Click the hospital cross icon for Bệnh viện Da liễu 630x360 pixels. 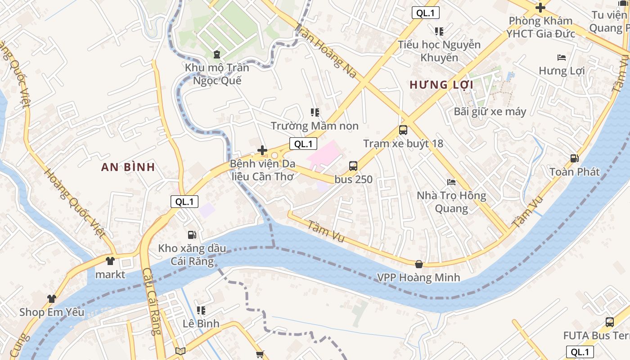click(x=262, y=150)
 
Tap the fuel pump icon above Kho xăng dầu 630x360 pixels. click(x=192, y=234)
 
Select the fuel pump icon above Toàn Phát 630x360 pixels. click(x=574, y=158)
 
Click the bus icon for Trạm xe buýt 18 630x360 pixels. click(x=403, y=130)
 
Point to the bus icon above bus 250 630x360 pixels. click(x=353, y=166)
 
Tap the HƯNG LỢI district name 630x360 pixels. click(x=441, y=85)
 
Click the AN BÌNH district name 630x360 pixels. click(x=128, y=167)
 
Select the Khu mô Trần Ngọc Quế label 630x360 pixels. click(x=217, y=74)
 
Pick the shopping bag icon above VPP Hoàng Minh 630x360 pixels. click(x=419, y=264)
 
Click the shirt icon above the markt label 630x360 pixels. click(x=110, y=261)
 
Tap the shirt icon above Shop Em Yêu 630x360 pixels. click(x=51, y=298)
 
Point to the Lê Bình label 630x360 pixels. click(x=201, y=324)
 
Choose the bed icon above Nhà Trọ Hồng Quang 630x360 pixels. click(x=451, y=182)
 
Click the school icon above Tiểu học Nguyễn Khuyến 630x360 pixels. click(x=439, y=31)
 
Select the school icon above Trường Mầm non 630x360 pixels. click(x=315, y=112)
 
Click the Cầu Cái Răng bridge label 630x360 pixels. click(x=151, y=301)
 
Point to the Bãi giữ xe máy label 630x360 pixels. click(x=490, y=112)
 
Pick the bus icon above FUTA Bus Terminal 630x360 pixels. click(x=609, y=322)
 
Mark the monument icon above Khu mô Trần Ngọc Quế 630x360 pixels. click(x=217, y=54)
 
